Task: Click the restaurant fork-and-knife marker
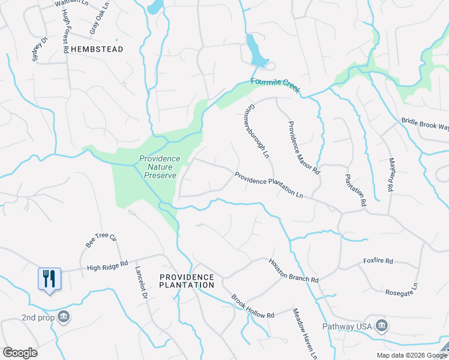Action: point(49,279)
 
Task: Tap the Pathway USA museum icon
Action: point(381,326)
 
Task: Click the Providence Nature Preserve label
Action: point(158,167)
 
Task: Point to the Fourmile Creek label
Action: point(275,86)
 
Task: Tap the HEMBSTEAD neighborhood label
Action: point(97,49)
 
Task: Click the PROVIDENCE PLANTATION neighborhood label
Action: point(187,281)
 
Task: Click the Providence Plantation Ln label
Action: point(270,185)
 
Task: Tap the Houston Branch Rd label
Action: point(293,271)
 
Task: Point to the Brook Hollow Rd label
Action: point(253,306)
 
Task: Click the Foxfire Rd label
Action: point(378,261)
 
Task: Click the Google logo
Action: point(20,353)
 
